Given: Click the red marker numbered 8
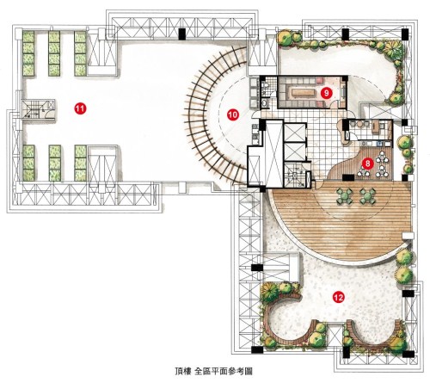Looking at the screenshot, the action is coord(368,164).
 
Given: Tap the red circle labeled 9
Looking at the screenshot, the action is coord(326,93).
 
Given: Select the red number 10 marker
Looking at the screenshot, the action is coord(232,114).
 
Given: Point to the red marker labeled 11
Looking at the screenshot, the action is coord(80,108).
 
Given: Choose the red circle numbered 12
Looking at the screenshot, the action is coord(338,297).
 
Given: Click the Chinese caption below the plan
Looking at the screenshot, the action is coord(213,371).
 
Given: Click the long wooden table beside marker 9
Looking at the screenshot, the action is coord(303,93).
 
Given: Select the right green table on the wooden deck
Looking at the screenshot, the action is coord(367,196).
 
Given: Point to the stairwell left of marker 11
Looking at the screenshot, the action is coord(38,109).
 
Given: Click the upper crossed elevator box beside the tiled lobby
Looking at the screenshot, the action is coord(295,133).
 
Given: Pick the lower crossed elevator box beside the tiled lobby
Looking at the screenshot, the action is coord(295,151).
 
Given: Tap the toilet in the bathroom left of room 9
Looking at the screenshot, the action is coord(265,84).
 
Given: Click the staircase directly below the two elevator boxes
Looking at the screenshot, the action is coord(295,175).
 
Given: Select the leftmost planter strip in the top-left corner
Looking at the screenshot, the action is coord(28,53).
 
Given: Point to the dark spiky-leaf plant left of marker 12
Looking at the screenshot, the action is coord(270,291).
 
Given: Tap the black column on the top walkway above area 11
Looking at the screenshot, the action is coord(182,34).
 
